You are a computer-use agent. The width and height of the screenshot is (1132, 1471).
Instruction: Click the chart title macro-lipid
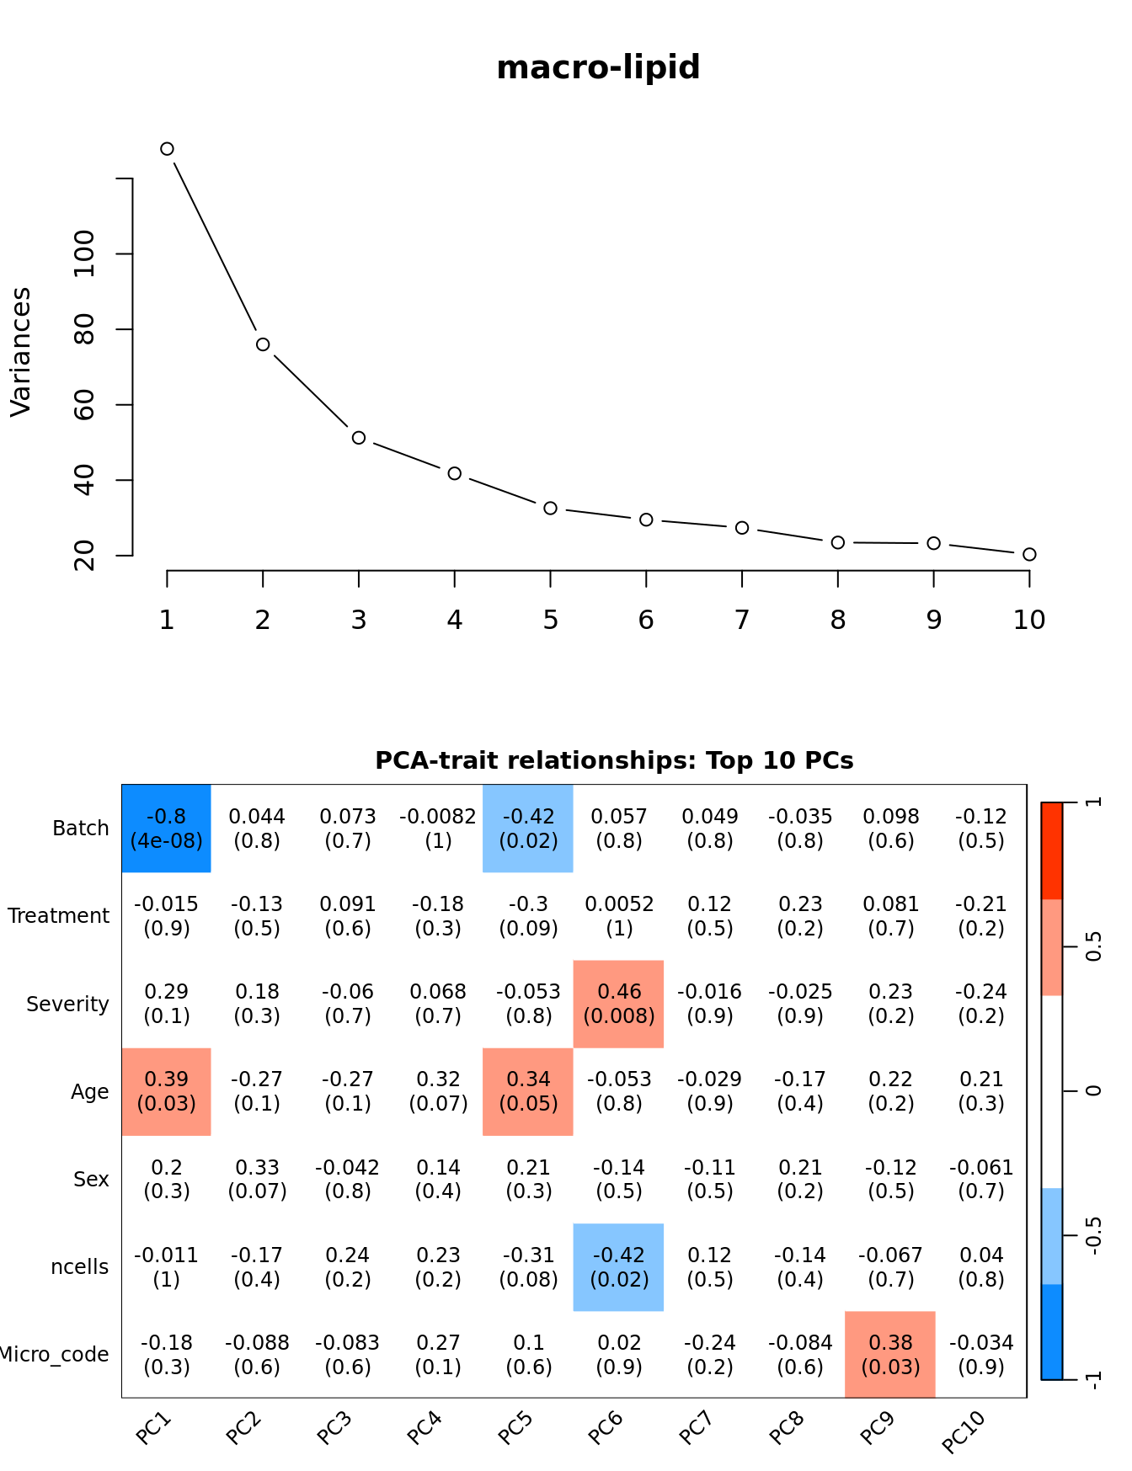point(598,67)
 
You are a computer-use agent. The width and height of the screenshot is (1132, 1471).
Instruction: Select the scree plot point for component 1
point(167,149)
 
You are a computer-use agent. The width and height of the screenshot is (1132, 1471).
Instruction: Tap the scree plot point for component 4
point(455,473)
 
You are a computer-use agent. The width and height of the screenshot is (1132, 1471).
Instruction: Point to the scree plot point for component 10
point(1029,554)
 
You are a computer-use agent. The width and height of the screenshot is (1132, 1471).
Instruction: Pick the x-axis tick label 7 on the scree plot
point(742,621)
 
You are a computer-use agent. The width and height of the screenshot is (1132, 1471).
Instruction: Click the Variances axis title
point(20,352)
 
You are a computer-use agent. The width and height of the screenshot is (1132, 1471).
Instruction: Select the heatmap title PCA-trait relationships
point(614,760)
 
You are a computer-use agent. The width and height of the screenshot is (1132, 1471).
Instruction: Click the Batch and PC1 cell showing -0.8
point(166,829)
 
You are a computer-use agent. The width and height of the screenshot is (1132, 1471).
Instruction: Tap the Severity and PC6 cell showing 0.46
point(619,1004)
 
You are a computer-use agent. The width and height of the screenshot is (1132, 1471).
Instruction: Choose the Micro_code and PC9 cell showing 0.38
point(890,1354)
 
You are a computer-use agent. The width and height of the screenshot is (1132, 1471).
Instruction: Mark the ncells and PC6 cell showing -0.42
point(619,1266)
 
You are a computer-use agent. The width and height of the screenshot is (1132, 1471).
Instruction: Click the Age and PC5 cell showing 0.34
point(528,1091)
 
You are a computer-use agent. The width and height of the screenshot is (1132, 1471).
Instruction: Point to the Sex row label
point(91,1179)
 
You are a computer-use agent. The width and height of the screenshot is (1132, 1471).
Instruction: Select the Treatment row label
point(59,916)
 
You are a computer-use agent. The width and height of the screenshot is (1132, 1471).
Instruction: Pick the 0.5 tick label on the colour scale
point(1093,946)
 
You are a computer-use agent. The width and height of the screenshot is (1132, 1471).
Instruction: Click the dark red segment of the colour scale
point(1052,850)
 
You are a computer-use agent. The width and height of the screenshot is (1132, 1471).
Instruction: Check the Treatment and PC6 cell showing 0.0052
point(619,916)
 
